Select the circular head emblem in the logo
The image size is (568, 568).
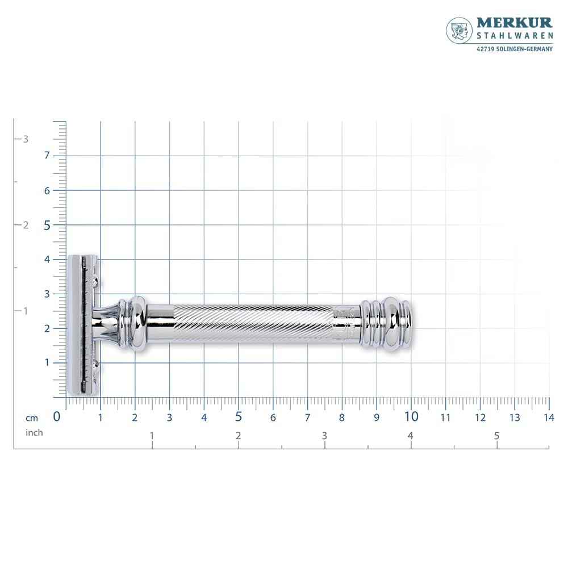click(x=460, y=30)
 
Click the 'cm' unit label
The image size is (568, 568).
click(x=31, y=417)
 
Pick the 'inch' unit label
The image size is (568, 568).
click(x=34, y=433)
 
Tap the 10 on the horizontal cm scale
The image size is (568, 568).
click(x=411, y=416)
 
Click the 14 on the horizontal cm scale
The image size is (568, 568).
click(x=549, y=417)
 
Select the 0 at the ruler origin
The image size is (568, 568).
click(x=57, y=416)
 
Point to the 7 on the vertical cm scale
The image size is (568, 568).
click(x=47, y=156)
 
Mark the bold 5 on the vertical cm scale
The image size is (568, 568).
click(x=47, y=225)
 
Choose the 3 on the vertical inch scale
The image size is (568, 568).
click(x=26, y=139)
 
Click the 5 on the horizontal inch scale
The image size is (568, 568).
click(x=496, y=436)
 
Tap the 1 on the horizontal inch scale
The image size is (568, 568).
click(x=152, y=436)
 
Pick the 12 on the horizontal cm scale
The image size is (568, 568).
click(x=480, y=417)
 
